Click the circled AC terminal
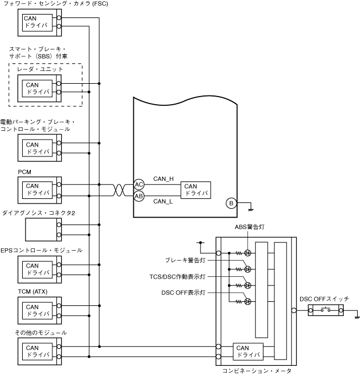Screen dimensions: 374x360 click(139, 184)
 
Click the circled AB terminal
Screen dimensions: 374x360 click(139, 196)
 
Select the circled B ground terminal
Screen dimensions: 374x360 click(231, 203)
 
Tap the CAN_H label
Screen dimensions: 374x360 click(163, 179)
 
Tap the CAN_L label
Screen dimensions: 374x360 click(163, 201)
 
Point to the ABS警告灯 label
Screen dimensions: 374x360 click(249, 228)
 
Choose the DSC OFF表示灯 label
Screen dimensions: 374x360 click(183, 292)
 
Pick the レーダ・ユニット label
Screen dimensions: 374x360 click(40, 69)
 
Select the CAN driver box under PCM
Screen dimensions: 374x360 click(36, 189)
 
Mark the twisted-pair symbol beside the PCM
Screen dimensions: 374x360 click(117, 190)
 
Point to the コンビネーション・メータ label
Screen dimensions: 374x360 click(256, 369)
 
